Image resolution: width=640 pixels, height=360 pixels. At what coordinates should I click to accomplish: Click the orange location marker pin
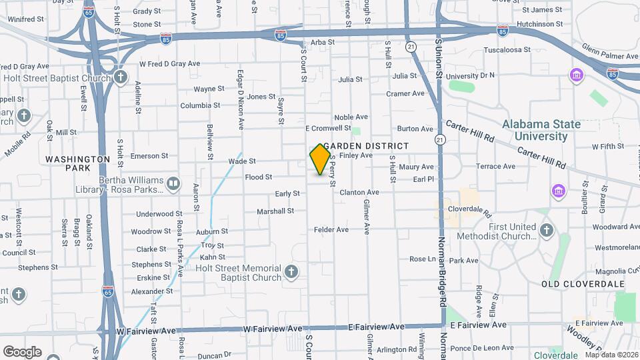pos(320,159)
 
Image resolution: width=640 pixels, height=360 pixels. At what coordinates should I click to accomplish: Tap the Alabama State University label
pos(541,130)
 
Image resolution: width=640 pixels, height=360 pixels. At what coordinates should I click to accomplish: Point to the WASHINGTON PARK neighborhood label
pos(78,164)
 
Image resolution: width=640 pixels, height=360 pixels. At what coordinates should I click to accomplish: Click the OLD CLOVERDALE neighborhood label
pos(583,284)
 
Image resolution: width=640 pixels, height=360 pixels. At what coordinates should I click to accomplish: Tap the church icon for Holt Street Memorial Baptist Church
pos(291,272)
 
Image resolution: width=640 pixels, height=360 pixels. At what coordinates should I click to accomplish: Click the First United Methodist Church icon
pos(547,231)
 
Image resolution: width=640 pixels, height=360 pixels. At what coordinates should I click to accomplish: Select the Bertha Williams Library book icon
pos(173,183)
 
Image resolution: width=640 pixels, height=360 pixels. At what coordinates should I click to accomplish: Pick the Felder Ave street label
pos(331,230)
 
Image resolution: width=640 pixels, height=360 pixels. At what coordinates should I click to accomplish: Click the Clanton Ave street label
pos(359,193)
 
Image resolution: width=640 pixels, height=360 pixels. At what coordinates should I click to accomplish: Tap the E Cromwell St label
pos(328,128)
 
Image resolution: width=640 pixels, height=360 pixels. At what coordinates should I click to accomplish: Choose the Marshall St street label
pos(275,211)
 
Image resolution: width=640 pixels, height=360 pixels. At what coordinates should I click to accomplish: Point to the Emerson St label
pos(149,156)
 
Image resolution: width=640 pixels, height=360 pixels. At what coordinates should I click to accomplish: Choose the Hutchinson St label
pos(539,23)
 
